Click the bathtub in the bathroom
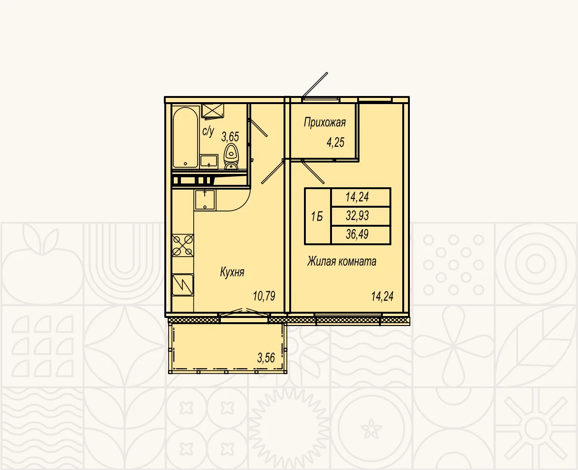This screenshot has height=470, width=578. pos(185,137)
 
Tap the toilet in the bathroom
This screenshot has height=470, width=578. pos(231,156)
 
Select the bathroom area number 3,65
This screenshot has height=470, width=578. pos(230,136)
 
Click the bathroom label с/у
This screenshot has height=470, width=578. pos(208,132)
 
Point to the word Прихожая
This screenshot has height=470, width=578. pos(325,123)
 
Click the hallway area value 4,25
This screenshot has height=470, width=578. pos(335,142)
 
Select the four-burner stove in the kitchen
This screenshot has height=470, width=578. pos(183,245)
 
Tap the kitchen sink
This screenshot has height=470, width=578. pos(205,200)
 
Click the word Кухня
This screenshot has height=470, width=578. pos(232,272)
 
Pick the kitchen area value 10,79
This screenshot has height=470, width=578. pos(264,296)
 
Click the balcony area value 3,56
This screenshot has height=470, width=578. pos(266,358)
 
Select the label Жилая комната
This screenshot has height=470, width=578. pos(341,261)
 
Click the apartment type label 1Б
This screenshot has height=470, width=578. pos(317,217)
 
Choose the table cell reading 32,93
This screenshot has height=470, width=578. pos(357,216)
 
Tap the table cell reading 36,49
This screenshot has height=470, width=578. pos(357,234)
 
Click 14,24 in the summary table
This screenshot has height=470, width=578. pos(357,197)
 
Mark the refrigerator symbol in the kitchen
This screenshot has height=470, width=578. pos(183,285)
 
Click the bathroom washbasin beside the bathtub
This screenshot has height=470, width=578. pos(208,162)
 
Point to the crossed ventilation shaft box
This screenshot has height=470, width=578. pos(212,111)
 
